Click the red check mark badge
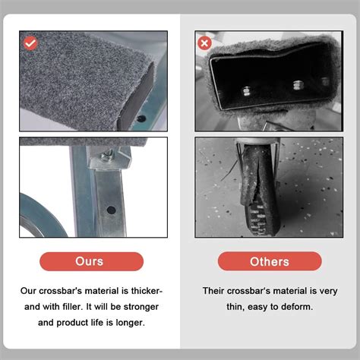tap(30, 43)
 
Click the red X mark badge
tap(204, 43)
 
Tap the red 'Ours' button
tap(92, 261)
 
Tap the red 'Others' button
tap(270, 261)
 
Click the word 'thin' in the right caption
tap(233, 307)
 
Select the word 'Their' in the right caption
tap(213, 291)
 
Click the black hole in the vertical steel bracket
tap(111, 210)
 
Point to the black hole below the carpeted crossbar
tap(141, 118)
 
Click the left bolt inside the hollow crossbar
tap(246, 91)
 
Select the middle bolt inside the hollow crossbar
tap(298, 85)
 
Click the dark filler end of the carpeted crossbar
tap(137, 96)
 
